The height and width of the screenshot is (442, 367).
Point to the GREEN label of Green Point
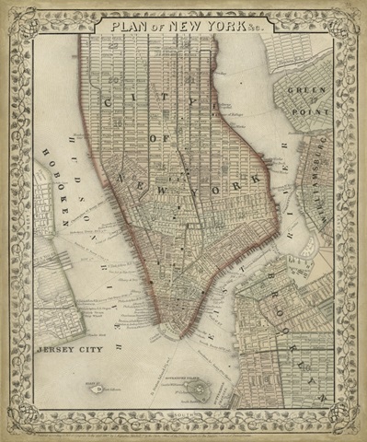coord(306,90)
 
